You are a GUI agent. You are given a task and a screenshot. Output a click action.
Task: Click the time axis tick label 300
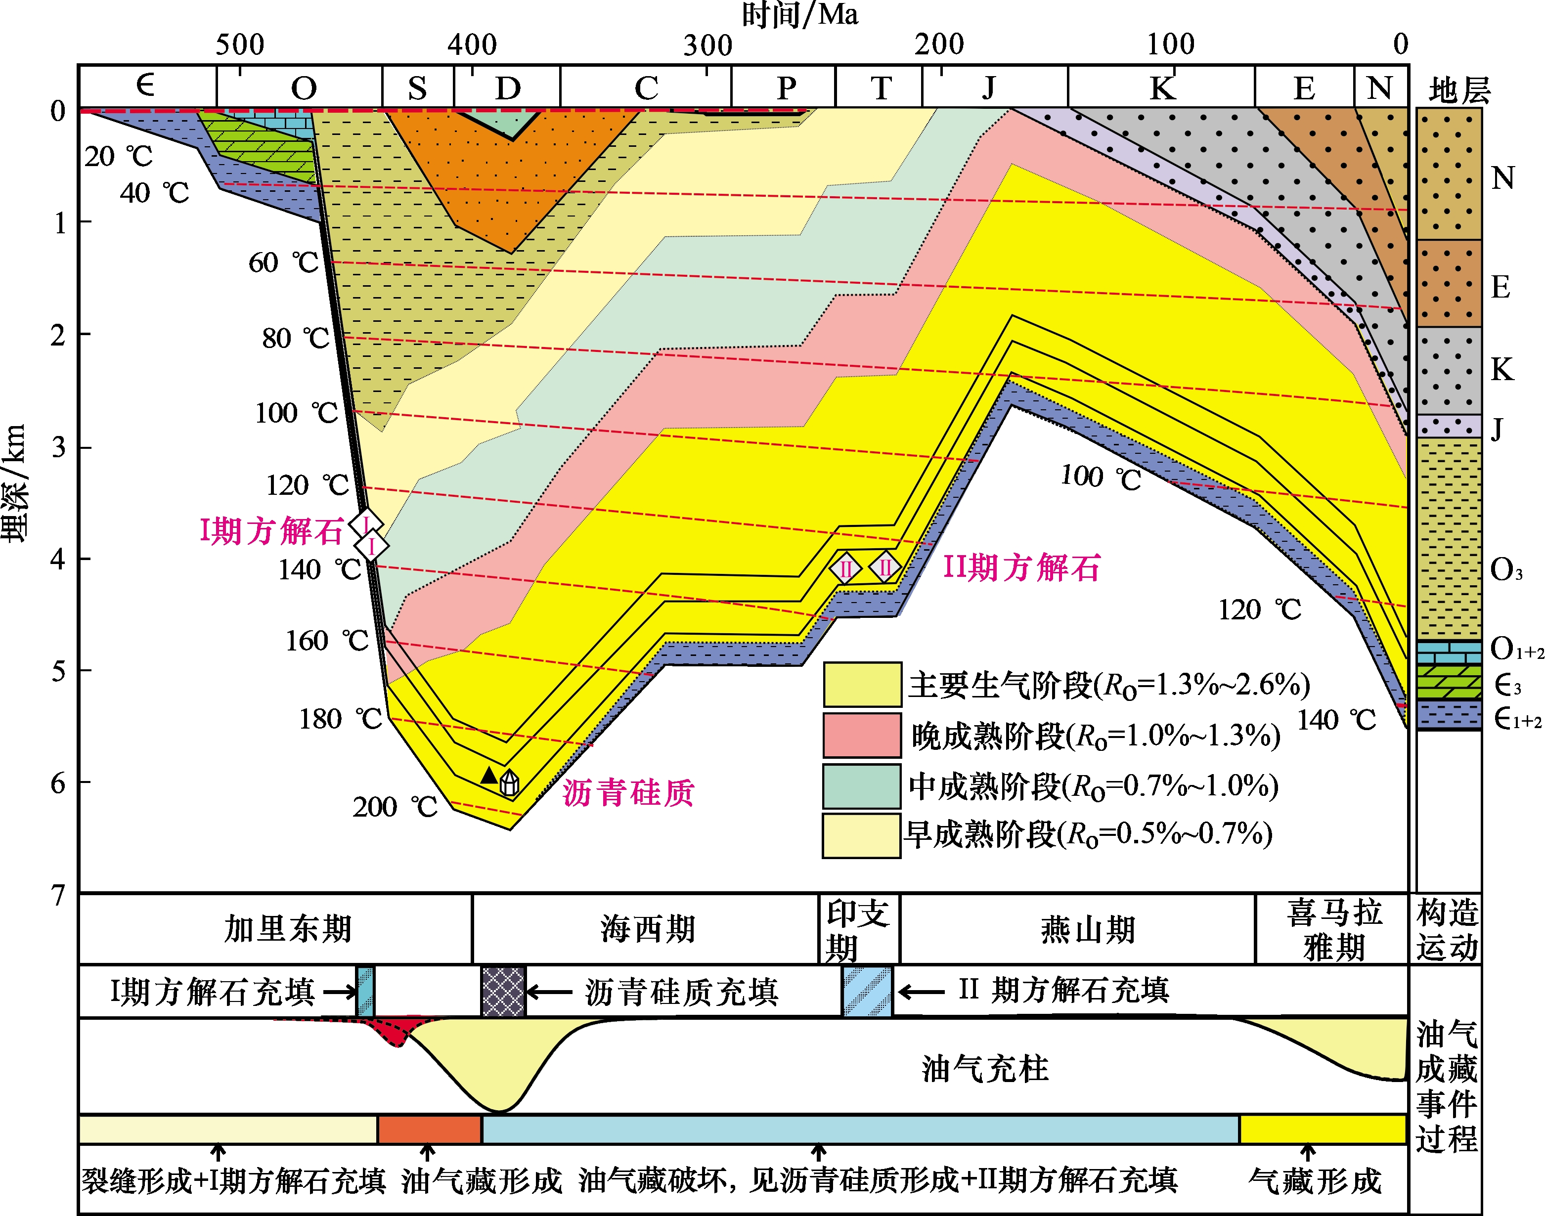click(707, 45)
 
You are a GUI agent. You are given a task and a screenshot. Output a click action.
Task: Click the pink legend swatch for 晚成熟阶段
click(862, 735)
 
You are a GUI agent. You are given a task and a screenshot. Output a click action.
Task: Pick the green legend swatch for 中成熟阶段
click(862, 786)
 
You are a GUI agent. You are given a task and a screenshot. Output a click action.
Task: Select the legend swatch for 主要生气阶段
click(862, 684)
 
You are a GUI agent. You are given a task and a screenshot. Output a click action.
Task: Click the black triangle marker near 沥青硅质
click(488, 775)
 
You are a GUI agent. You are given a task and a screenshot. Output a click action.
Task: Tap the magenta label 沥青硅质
click(628, 792)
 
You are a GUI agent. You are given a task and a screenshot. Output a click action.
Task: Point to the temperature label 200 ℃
click(395, 807)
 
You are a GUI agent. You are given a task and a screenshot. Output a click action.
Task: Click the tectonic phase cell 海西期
click(647, 929)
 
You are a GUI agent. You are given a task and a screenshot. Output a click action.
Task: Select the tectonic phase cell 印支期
click(858, 929)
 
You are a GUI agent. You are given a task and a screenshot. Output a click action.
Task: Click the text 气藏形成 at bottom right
click(1314, 1181)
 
